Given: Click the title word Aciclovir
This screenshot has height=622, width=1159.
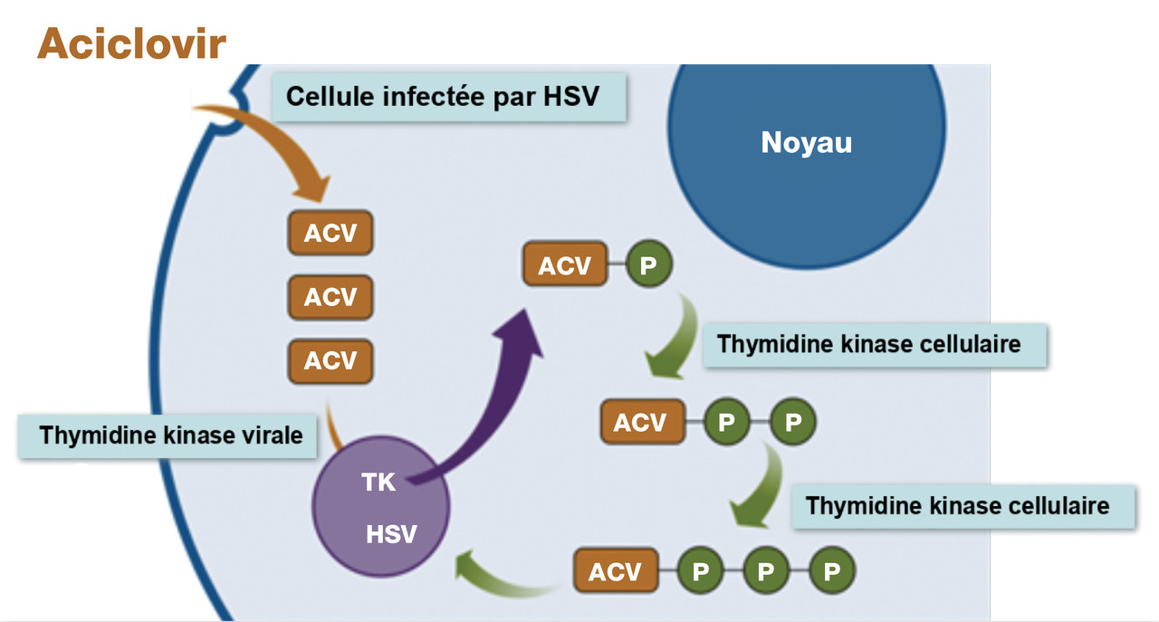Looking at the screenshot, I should click(131, 43).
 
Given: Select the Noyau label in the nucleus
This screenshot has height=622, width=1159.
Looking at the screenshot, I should click(806, 143).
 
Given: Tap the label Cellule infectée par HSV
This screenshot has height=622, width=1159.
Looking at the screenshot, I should click(443, 96).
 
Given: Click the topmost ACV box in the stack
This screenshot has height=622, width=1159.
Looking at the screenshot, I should click(330, 234).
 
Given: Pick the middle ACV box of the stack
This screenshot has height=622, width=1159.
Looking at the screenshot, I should click(330, 297).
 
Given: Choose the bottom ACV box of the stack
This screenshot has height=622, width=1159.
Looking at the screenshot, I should click(330, 360).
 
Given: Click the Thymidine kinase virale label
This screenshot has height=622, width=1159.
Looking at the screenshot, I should click(170, 435).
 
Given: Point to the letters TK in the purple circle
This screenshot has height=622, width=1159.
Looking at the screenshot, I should click(378, 483).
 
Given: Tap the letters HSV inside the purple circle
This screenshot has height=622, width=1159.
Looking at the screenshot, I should click(391, 534).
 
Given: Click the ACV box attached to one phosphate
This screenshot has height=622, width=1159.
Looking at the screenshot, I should click(564, 266).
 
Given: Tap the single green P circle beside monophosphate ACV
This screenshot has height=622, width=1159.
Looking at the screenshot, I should click(647, 266).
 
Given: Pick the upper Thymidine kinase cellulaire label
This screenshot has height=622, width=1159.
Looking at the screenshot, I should click(867, 345).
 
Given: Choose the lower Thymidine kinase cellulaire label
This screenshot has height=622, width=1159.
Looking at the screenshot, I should click(957, 504).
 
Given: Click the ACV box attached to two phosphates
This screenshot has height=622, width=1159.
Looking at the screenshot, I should click(639, 423).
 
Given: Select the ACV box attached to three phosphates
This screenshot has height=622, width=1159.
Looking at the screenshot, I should click(615, 572).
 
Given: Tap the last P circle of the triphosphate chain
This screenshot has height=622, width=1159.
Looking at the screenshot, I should click(831, 572).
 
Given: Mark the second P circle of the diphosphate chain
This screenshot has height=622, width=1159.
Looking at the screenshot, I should click(792, 423).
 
